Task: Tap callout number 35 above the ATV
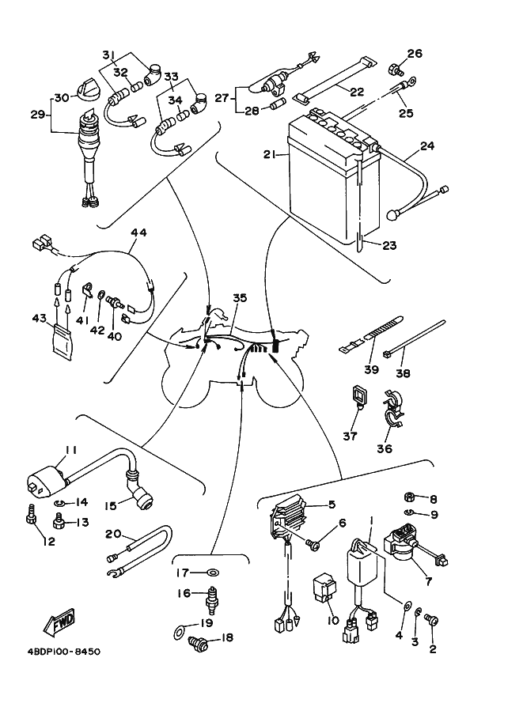[239, 298]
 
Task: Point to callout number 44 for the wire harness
[138, 233]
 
